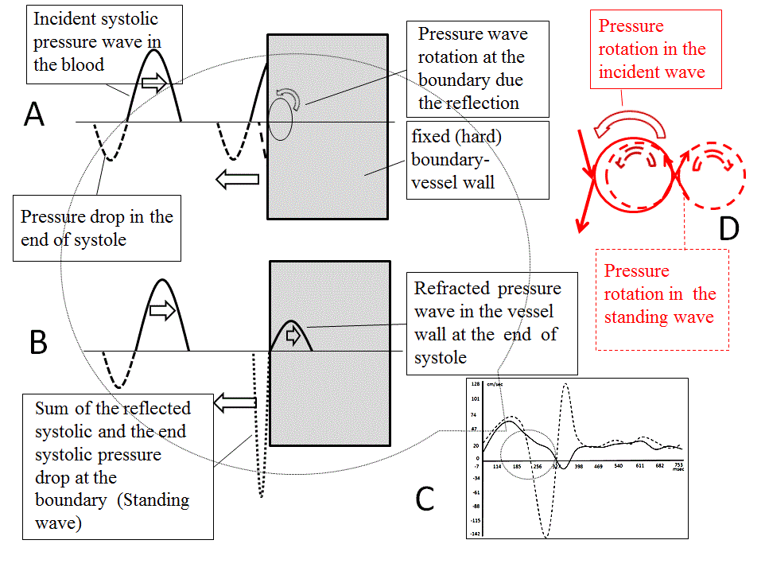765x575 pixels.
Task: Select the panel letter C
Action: coord(425,499)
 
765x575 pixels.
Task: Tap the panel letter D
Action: coord(728,228)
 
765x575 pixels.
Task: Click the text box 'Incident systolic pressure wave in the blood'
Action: coord(96,42)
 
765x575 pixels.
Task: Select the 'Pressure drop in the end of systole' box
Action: coord(96,228)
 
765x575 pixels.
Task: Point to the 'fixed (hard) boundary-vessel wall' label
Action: coord(477,160)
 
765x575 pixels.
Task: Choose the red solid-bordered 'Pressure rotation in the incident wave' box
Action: coord(651,49)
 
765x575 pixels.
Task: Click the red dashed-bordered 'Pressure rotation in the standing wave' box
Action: coord(662,299)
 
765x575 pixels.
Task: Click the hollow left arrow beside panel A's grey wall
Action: coord(239,181)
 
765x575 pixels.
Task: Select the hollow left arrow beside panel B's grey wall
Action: coord(234,404)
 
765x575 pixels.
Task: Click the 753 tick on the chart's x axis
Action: coord(678,464)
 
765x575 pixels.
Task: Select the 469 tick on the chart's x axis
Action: coord(599,467)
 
